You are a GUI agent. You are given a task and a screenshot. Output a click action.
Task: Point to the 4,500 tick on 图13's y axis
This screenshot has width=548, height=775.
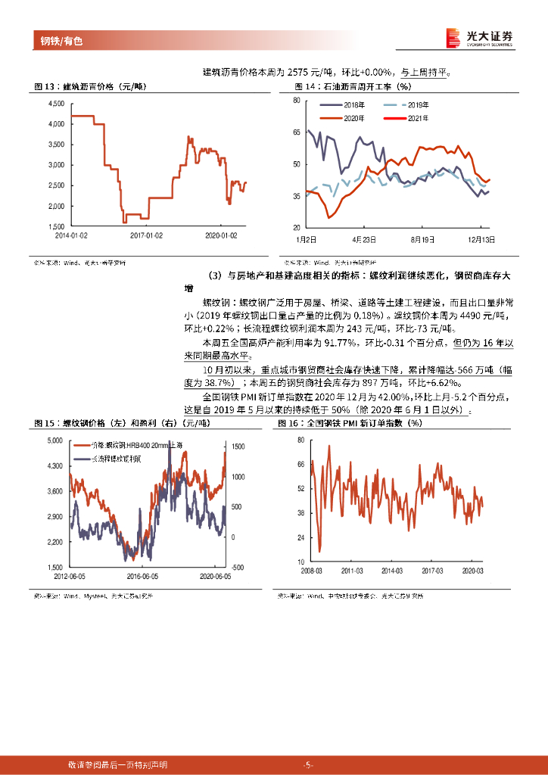57,103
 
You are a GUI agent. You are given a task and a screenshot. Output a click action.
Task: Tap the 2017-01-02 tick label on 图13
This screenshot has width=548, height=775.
146,235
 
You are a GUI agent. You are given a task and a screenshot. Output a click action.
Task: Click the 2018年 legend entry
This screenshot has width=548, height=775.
354,104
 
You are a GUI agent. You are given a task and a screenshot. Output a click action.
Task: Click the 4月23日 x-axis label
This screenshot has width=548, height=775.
365,238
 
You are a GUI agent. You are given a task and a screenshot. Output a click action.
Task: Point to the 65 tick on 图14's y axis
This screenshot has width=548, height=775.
295,132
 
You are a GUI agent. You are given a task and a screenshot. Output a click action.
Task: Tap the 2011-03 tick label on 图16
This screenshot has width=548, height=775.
352,570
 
